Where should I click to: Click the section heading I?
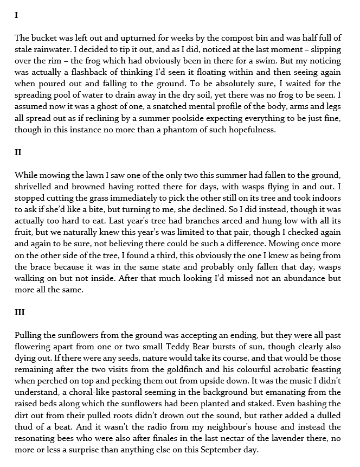click(x=16, y=15)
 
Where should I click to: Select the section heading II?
click(x=18, y=152)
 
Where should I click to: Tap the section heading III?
click(x=20, y=312)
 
